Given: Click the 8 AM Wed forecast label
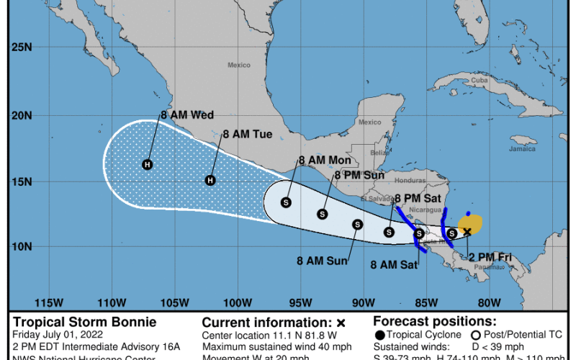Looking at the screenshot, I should coord(187,114).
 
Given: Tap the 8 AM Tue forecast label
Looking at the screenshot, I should coord(247,134).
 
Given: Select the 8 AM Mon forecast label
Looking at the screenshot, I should coord(324,161).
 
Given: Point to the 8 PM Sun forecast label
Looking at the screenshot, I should coord(358,175).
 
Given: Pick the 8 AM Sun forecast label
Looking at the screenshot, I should coord(321,261).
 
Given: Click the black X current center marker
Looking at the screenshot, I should coord(467,231).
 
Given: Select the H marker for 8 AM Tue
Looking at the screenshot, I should coord(210,180).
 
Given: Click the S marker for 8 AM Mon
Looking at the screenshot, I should coord(287,202).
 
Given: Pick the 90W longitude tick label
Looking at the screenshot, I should coord(363,301).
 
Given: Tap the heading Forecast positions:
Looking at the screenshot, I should coord(434,322).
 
